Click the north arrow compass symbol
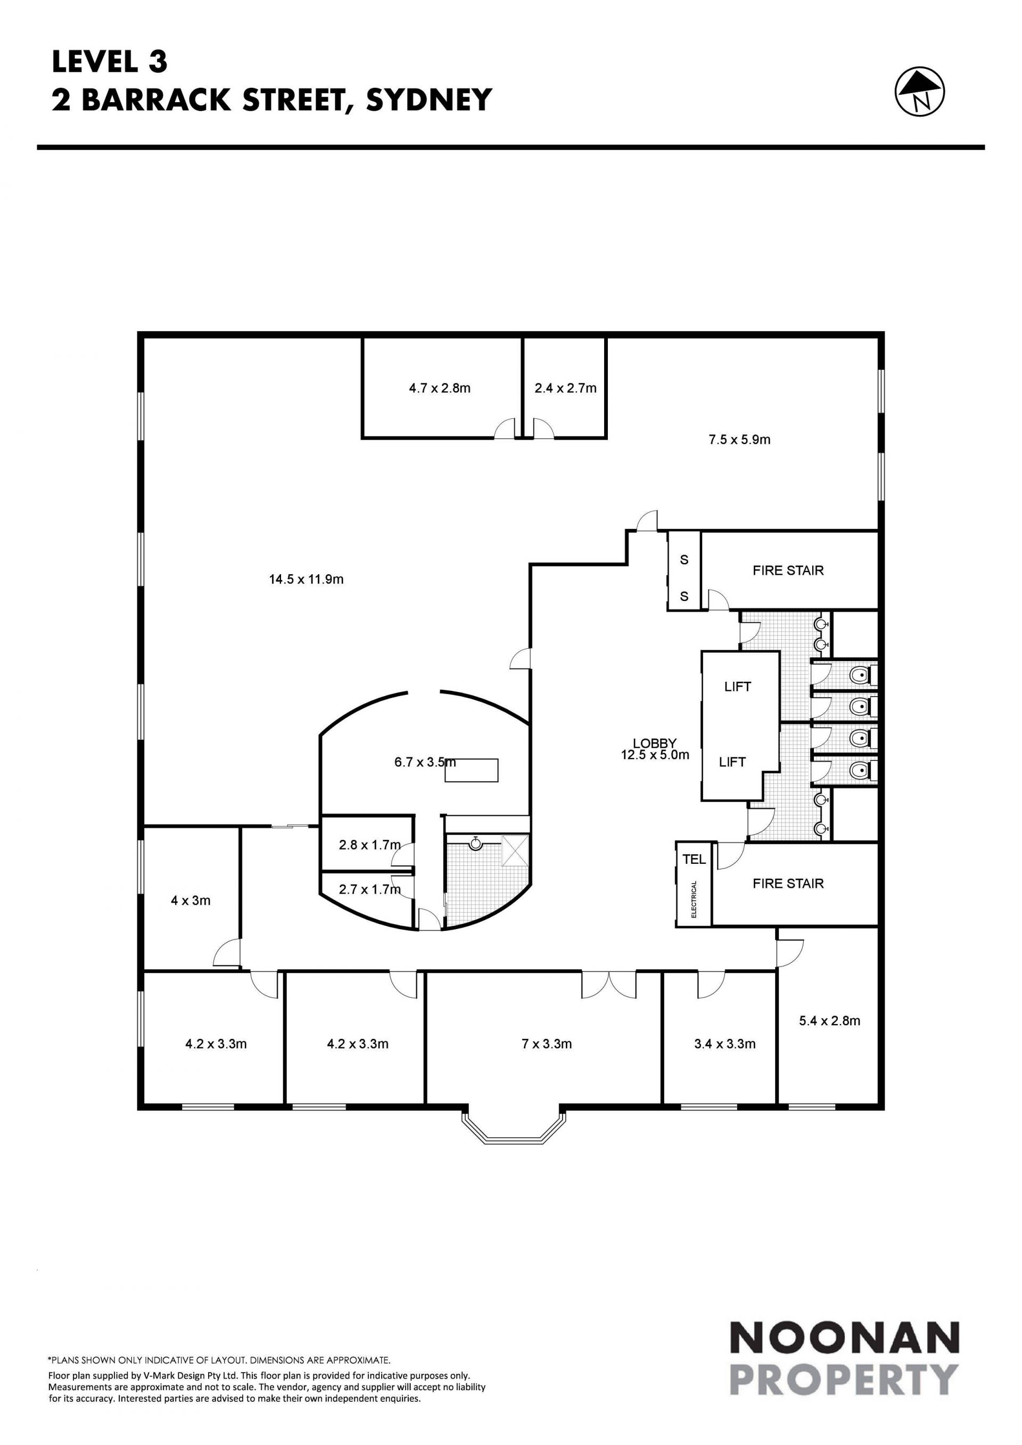coord(919,93)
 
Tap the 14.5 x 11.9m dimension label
coord(307,579)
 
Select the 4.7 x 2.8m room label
coord(439,389)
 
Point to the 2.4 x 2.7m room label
coord(565,389)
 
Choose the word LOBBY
coord(655,744)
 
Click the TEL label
coord(694,859)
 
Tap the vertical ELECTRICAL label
coord(694,899)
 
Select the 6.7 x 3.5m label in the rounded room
coord(425,762)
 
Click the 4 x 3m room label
coord(191,901)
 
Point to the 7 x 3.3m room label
coord(546,1044)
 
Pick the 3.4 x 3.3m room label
coord(724,1044)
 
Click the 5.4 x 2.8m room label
coord(829,1021)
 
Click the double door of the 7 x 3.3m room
coord(608,984)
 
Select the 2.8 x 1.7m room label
coord(369,845)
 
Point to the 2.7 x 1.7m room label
coord(369,889)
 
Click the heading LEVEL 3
coord(110,62)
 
